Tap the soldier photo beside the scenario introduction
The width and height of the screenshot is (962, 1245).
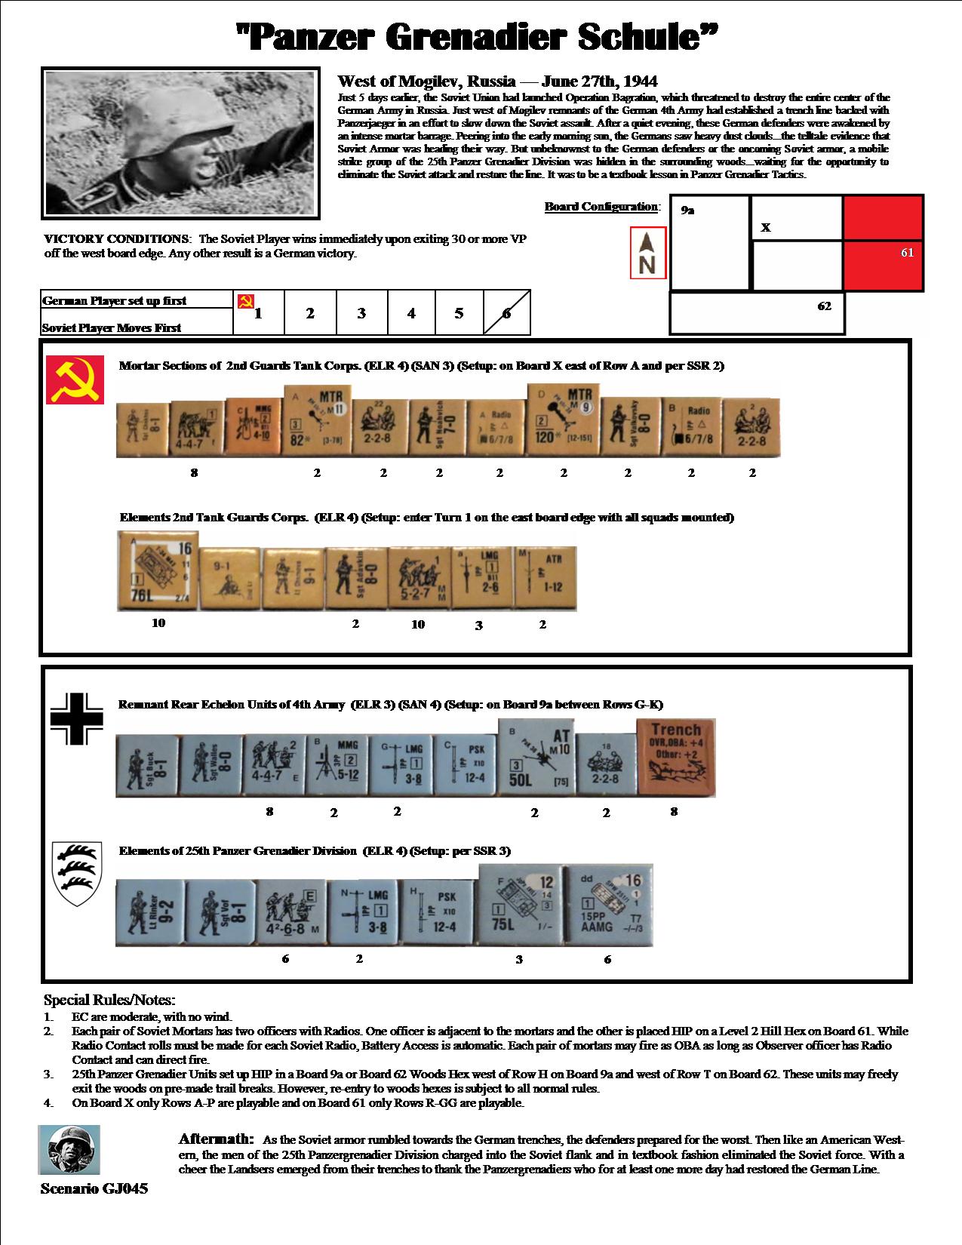pyautogui.click(x=179, y=143)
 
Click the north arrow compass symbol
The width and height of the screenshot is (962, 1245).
pyautogui.click(x=648, y=254)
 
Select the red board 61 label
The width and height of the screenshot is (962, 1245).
pyautogui.click(x=907, y=252)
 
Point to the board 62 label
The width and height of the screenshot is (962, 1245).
pyautogui.click(x=825, y=306)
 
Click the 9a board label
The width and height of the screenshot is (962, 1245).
pyautogui.click(x=687, y=211)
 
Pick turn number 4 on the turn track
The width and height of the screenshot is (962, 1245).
pyautogui.click(x=411, y=313)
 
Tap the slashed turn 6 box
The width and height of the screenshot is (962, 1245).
pyautogui.click(x=506, y=313)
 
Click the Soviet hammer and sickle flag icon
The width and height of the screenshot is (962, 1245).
pyautogui.click(x=75, y=380)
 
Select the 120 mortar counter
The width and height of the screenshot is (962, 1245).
pyautogui.click(x=562, y=423)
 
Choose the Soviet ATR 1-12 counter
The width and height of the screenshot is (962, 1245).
pyautogui.click(x=547, y=579)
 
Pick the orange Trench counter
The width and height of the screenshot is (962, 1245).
pyautogui.click(x=675, y=757)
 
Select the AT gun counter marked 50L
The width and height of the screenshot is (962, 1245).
pyautogui.click(x=535, y=758)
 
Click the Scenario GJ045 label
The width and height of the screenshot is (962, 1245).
pyautogui.click(x=94, y=1189)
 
